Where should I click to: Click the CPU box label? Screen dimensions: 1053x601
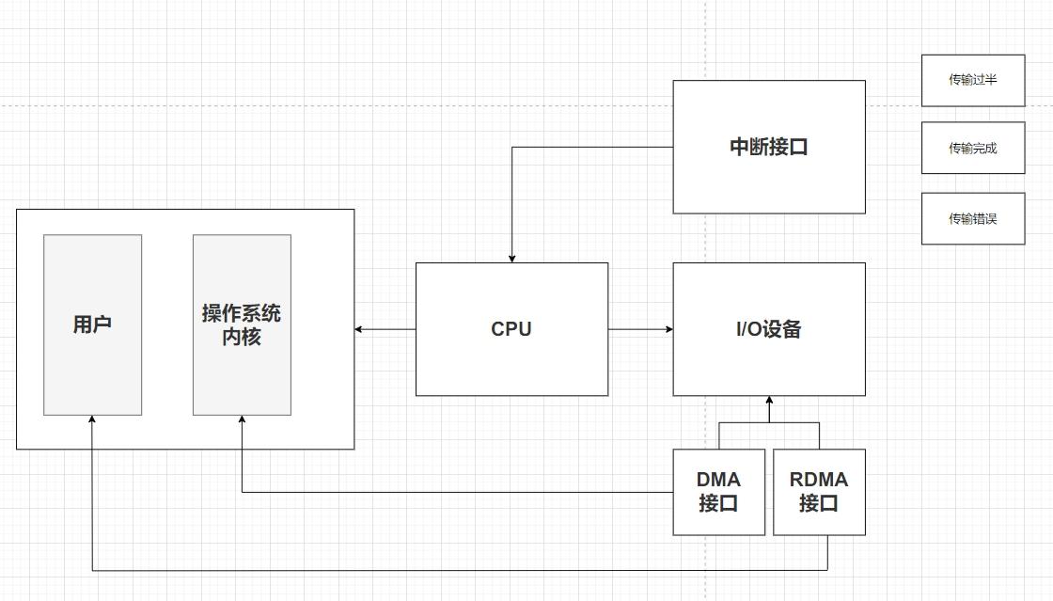pyautogui.click(x=511, y=329)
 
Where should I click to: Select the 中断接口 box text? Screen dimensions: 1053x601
pyautogui.click(x=769, y=147)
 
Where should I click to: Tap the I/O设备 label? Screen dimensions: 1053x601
pyautogui.click(x=769, y=329)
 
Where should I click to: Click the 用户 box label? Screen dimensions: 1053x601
pyautogui.click(x=93, y=324)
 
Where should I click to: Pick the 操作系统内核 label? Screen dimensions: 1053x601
pyautogui.click(x=242, y=324)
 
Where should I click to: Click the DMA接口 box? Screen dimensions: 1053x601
pyautogui.click(x=718, y=492)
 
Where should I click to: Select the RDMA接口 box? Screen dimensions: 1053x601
pyautogui.click(x=819, y=492)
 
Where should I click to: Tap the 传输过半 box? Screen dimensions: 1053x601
pyautogui.click(x=973, y=81)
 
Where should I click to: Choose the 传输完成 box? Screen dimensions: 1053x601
pyautogui.click(x=973, y=148)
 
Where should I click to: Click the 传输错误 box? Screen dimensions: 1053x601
pyautogui.click(x=973, y=219)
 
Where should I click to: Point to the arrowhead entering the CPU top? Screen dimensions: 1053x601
pyautogui.click(x=511, y=259)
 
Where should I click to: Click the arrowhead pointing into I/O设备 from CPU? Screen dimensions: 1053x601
pyautogui.click(x=668, y=329)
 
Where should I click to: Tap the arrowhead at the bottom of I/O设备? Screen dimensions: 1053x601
pyautogui.click(x=770, y=401)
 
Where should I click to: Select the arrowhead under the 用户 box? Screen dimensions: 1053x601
pyautogui.click(x=92, y=419)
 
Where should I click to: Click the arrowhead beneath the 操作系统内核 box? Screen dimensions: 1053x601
pyautogui.click(x=242, y=419)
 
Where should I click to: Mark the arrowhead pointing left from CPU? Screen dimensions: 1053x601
pyautogui.click(x=358, y=329)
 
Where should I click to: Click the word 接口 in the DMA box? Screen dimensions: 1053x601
pyautogui.click(x=718, y=503)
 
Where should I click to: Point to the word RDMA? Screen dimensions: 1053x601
pyautogui.click(x=819, y=480)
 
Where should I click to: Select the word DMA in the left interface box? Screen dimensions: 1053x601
pyautogui.click(x=718, y=480)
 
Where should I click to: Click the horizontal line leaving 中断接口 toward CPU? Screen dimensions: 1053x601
pyautogui.click(x=592, y=147)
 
